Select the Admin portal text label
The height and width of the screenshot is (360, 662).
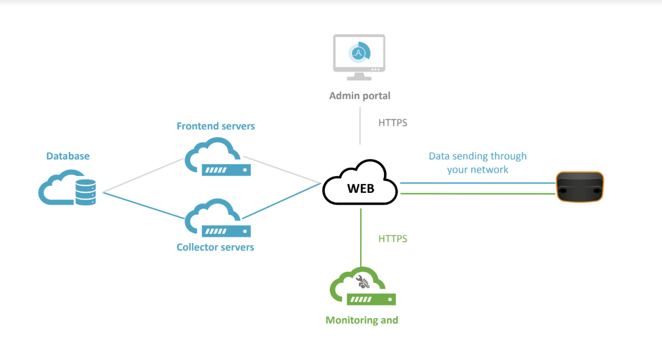coord(360,96)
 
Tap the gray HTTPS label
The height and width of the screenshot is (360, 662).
coord(392,123)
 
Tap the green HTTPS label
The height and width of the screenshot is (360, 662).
coord(392,239)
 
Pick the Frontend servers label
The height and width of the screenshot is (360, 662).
coord(216,126)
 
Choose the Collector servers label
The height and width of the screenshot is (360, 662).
coord(216,247)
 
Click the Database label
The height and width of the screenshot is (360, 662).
coord(68,156)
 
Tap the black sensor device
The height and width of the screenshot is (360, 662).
coord(580,187)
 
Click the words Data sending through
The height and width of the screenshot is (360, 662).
coord(477,156)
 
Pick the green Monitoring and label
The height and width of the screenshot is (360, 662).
coord(362,320)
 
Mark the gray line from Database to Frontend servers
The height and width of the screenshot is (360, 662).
coord(144,175)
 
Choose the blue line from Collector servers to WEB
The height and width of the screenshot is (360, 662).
coord(281,200)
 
